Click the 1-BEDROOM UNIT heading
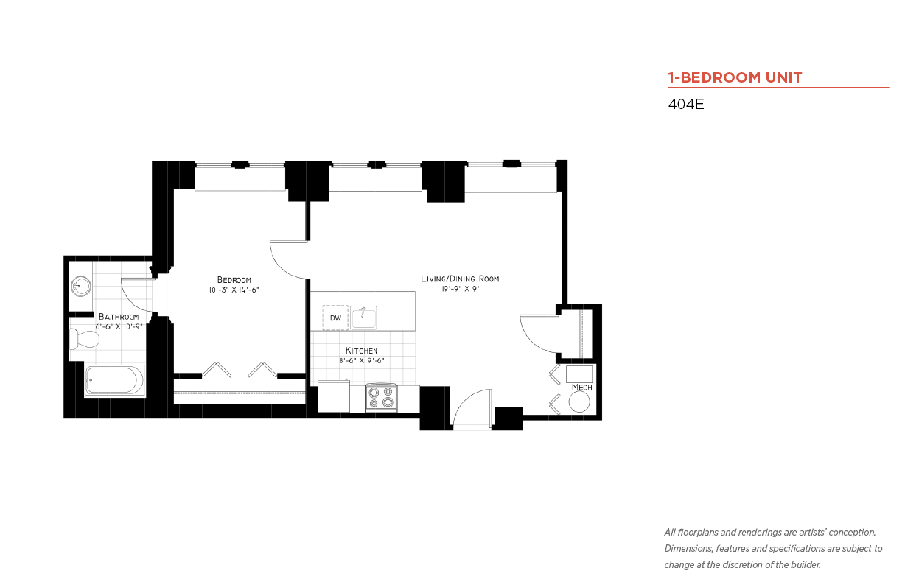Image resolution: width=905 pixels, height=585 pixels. [x=735, y=77]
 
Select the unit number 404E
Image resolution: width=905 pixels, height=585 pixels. [x=686, y=104]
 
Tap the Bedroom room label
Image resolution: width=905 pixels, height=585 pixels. [x=234, y=279]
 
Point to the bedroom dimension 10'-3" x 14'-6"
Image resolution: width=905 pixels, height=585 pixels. [x=234, y=290]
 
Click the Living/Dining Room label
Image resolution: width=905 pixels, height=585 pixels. [x=460, y=279]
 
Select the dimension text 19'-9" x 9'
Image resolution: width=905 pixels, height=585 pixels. [x=460, y=290]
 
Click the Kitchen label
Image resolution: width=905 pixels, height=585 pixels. [x=361, y=350]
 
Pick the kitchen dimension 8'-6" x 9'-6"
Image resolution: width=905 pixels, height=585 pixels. [x=361, y=360]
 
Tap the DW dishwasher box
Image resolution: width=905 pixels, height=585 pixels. [x=335, y=318]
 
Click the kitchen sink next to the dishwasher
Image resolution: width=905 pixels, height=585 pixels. [x=363, y=318]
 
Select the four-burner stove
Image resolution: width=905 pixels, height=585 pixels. [x=381, y=398]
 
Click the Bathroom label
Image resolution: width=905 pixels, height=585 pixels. [x=118, y=316]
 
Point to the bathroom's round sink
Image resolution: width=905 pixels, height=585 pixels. [x=80, y=286]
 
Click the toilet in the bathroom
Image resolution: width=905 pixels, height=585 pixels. [x=85, y=340]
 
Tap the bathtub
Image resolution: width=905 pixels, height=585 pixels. [x=114, y=381]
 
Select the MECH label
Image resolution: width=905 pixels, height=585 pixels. [x=581, y=387]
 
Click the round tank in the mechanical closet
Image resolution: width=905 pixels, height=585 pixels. [x=580, y=402]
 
